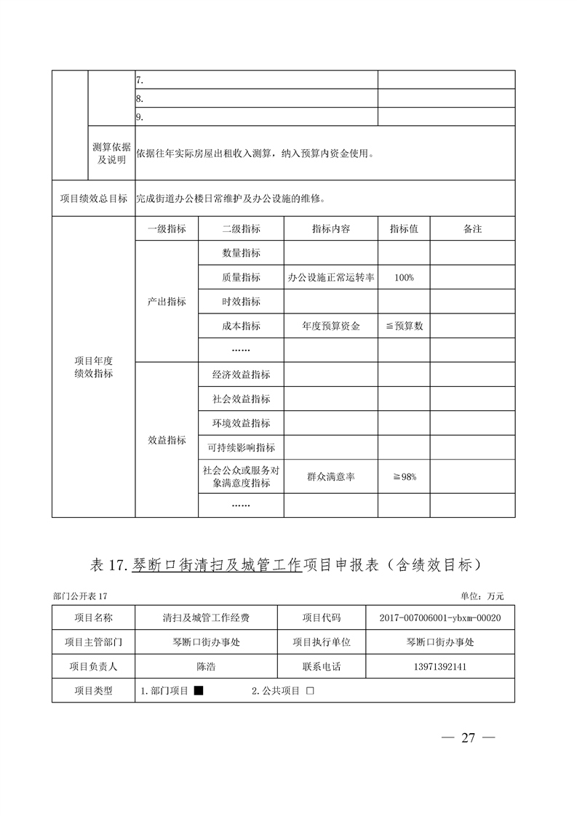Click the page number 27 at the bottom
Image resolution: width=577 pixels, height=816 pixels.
pyautogui.click(x=468, y=737)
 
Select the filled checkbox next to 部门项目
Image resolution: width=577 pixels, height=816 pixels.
pyautogui.click(x=198, y=691)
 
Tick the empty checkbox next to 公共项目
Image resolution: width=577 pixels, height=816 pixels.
pyautogui.click(x=310, y=691)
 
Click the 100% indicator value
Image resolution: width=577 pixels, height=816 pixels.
pyautogui.click(x=404, y=277)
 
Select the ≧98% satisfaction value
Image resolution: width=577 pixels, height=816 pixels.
pyautogui.click(x=404, y=477)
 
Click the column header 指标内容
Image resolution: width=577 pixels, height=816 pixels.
pyautogui.click(x=330, y=228)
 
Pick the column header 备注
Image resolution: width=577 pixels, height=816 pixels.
pyautogui.click(x=472, y=228)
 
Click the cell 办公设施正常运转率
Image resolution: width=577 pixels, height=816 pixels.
pyautogui.click(x=330, y=277)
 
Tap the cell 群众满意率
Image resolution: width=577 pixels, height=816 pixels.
pyautogui.click(x=330, y=477)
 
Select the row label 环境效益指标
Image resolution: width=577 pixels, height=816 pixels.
pyautogui.click(x=241, y=423)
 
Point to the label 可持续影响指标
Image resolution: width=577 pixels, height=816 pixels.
pyautogui.click(x=241, y=447)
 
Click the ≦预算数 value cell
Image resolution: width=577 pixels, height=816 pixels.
pyautogui.click(x=404, y=326)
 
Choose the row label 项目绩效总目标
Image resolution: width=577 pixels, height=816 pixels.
pyautogui.click(x=93, y=199)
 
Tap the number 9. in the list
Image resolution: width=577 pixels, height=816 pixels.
pyautogui.click(x=140, y=116)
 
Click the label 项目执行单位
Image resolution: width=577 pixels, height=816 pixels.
pyautogui.click(x=321, y=642)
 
